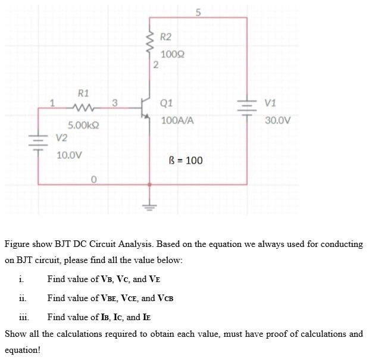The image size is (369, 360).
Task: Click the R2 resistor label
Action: (166, 37)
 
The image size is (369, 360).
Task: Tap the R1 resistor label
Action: (83, 93)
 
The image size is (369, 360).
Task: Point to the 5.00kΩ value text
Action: (83, 126)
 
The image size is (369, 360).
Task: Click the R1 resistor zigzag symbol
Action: (80, 108)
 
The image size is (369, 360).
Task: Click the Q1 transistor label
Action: (167, 104)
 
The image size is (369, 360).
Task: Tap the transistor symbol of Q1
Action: (145, 108)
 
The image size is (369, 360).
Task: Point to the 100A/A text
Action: (177, 120)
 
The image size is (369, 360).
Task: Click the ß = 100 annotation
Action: (186, 160)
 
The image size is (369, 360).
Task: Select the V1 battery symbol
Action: (246, 108)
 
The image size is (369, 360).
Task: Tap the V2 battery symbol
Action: (39, 144)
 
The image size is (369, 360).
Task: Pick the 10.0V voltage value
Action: (69, 155)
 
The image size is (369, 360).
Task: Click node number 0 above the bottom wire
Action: (93, 179)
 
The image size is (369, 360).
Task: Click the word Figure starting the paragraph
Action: (18, 244)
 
